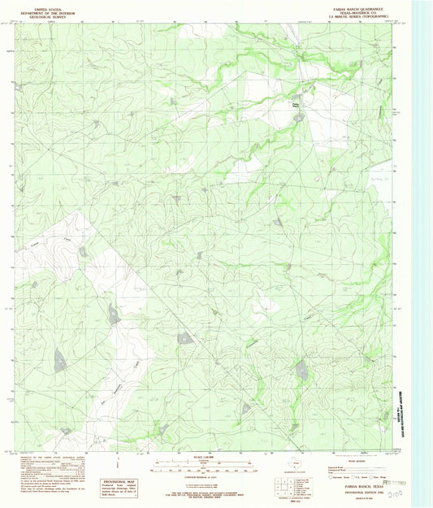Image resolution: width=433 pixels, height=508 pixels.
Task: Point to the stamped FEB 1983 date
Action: pos(404,480)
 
